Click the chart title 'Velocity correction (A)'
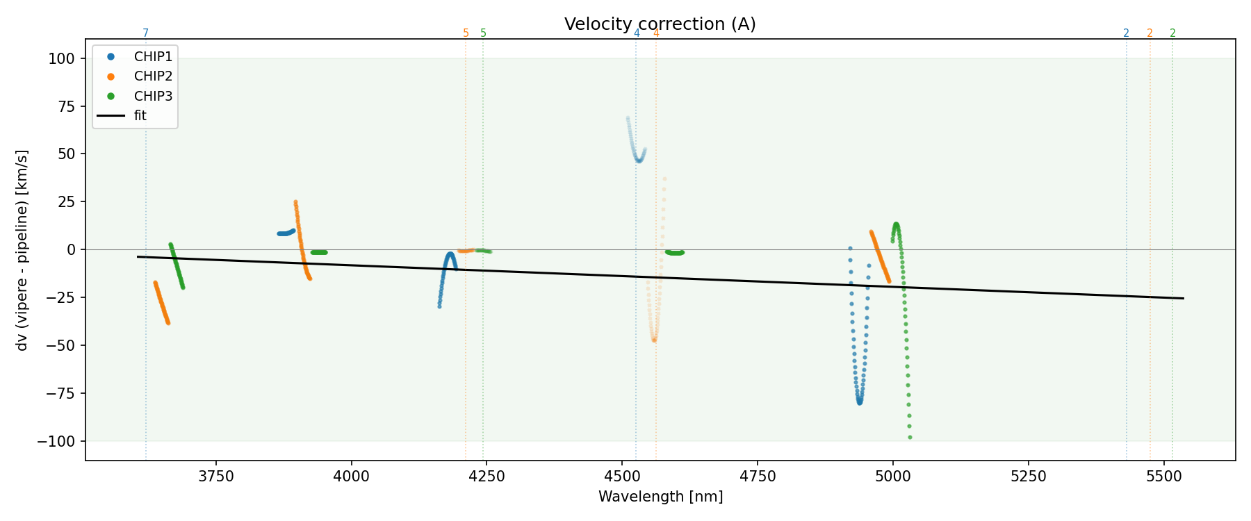pyautogui.click(x=660, y=24)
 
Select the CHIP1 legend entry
pyautogui.click(x=153, y=56)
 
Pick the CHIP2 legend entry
pyautogui.click(x=153, y=76)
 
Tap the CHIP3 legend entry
pyautogui.click(x=153, y=96)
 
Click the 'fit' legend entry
pyautogui.click(x=140, y=116)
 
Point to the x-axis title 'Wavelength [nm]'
pyautogui.click(x=660, y=497)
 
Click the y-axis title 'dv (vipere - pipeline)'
pyautogui.click(x=22, y=250)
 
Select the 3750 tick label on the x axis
pyautogui.click(x=216, y=477)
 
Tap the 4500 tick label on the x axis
pyautogui.click(x=622, y=477)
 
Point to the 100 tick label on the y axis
pyautogui.click(x=62, y=59)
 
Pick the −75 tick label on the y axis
pyautogui.click(x=57, y=394)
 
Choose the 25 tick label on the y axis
pyautogui.click(x=65, y=202)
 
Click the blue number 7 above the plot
pyautogui.click(x=145, y=33)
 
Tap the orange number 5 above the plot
pyautogui.click(x=466, y=33)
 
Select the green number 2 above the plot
pyautogui.click(x=1172, y=33)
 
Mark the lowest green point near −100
pyautogui.click(x=910, y=438)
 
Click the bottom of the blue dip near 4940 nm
pyautogui.click(x=860, y=402)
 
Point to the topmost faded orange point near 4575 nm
pyautogui.click(x=664, y=179)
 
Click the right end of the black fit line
pyautogui.click(x=1183, y=299)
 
